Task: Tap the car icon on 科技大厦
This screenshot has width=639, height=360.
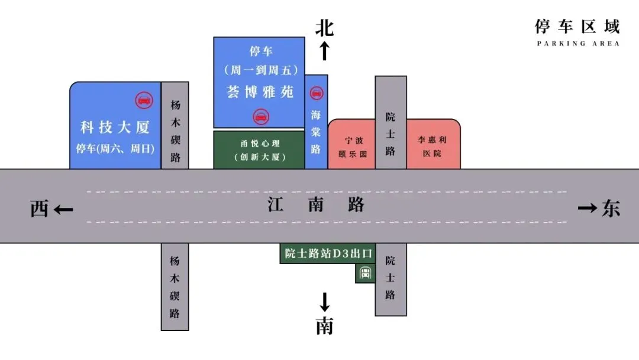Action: [x=143, y=99]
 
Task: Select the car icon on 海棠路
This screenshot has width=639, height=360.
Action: [x=317, y=93]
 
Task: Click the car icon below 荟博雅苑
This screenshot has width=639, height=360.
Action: [x=260, y=116]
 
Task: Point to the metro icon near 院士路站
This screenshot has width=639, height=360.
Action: [x=365, y=274]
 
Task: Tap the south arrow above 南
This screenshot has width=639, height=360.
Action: [x=324, y=303]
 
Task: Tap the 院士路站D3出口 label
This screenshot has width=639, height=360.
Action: [x=328, y=254]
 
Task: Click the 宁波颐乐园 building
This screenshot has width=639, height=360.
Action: [x=352, y=147]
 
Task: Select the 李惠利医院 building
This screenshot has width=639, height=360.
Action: [x=433, y=147]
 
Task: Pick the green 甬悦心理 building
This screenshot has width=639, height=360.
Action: [x=259, y=150]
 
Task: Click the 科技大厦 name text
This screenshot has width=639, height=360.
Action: [x=115, y=127]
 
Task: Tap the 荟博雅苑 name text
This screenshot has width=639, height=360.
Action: [x=260, y=92]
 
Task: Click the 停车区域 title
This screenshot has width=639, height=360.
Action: [x=577, y=27]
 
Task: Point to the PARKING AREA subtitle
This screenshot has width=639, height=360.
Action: [x=577, y=43]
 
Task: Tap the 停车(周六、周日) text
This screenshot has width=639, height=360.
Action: [x=115, y=149]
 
